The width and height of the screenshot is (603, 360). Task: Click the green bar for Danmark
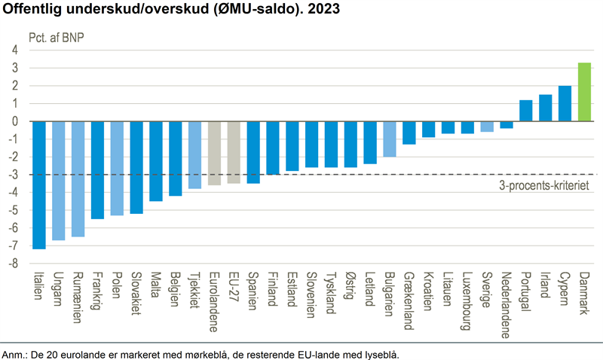(x=584, y=92)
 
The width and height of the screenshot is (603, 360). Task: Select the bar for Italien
(x=39, y=185)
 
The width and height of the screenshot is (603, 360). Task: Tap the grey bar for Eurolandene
(x=214, y=153)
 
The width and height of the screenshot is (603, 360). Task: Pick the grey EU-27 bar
(x=234, y=152)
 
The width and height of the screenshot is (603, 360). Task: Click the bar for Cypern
(x=565, y=103)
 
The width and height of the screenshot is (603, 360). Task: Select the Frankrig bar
(x=97, y=169)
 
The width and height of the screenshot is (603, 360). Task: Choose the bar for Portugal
(x=526, y=111)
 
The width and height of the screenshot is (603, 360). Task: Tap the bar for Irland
(x=545, y=108)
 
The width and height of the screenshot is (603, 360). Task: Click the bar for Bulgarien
(x=389, y=139)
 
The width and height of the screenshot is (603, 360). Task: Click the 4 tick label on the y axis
(x=14, y=50)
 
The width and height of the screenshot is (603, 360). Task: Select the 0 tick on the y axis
(x=14, y=121)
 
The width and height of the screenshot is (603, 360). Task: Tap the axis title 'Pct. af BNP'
(x=55, y=36)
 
